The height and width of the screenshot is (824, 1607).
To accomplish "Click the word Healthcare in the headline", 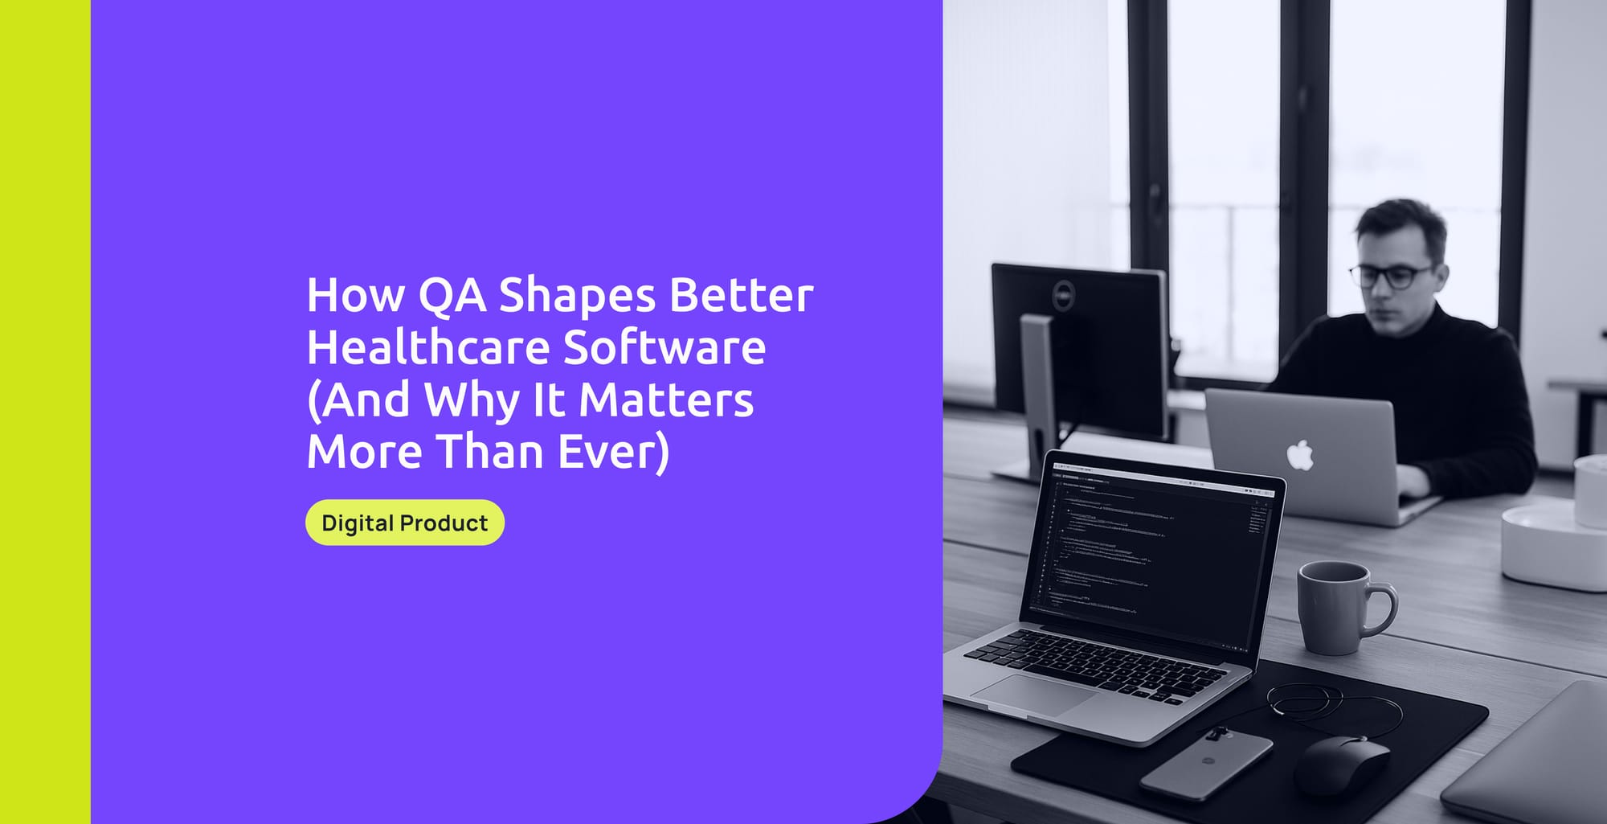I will [x=427, y=347].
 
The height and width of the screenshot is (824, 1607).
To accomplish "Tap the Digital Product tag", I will [x=404, y=523].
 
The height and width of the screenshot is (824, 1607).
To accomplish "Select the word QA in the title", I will [x=452, y=295].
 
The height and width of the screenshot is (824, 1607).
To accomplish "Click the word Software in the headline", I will [x=664, y=347].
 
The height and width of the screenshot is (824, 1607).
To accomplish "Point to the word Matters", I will [x=666, y=400].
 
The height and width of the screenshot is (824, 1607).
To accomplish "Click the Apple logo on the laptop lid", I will [x=1299, y=455].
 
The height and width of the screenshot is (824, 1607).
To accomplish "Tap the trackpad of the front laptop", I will [x=1032, y=693].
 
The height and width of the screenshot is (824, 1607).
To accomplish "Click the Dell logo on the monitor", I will [x=1063, y=293].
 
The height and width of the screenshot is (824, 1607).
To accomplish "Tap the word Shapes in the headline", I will [x=577, y=295].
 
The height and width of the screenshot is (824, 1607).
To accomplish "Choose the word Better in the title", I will [x=741, y=295].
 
